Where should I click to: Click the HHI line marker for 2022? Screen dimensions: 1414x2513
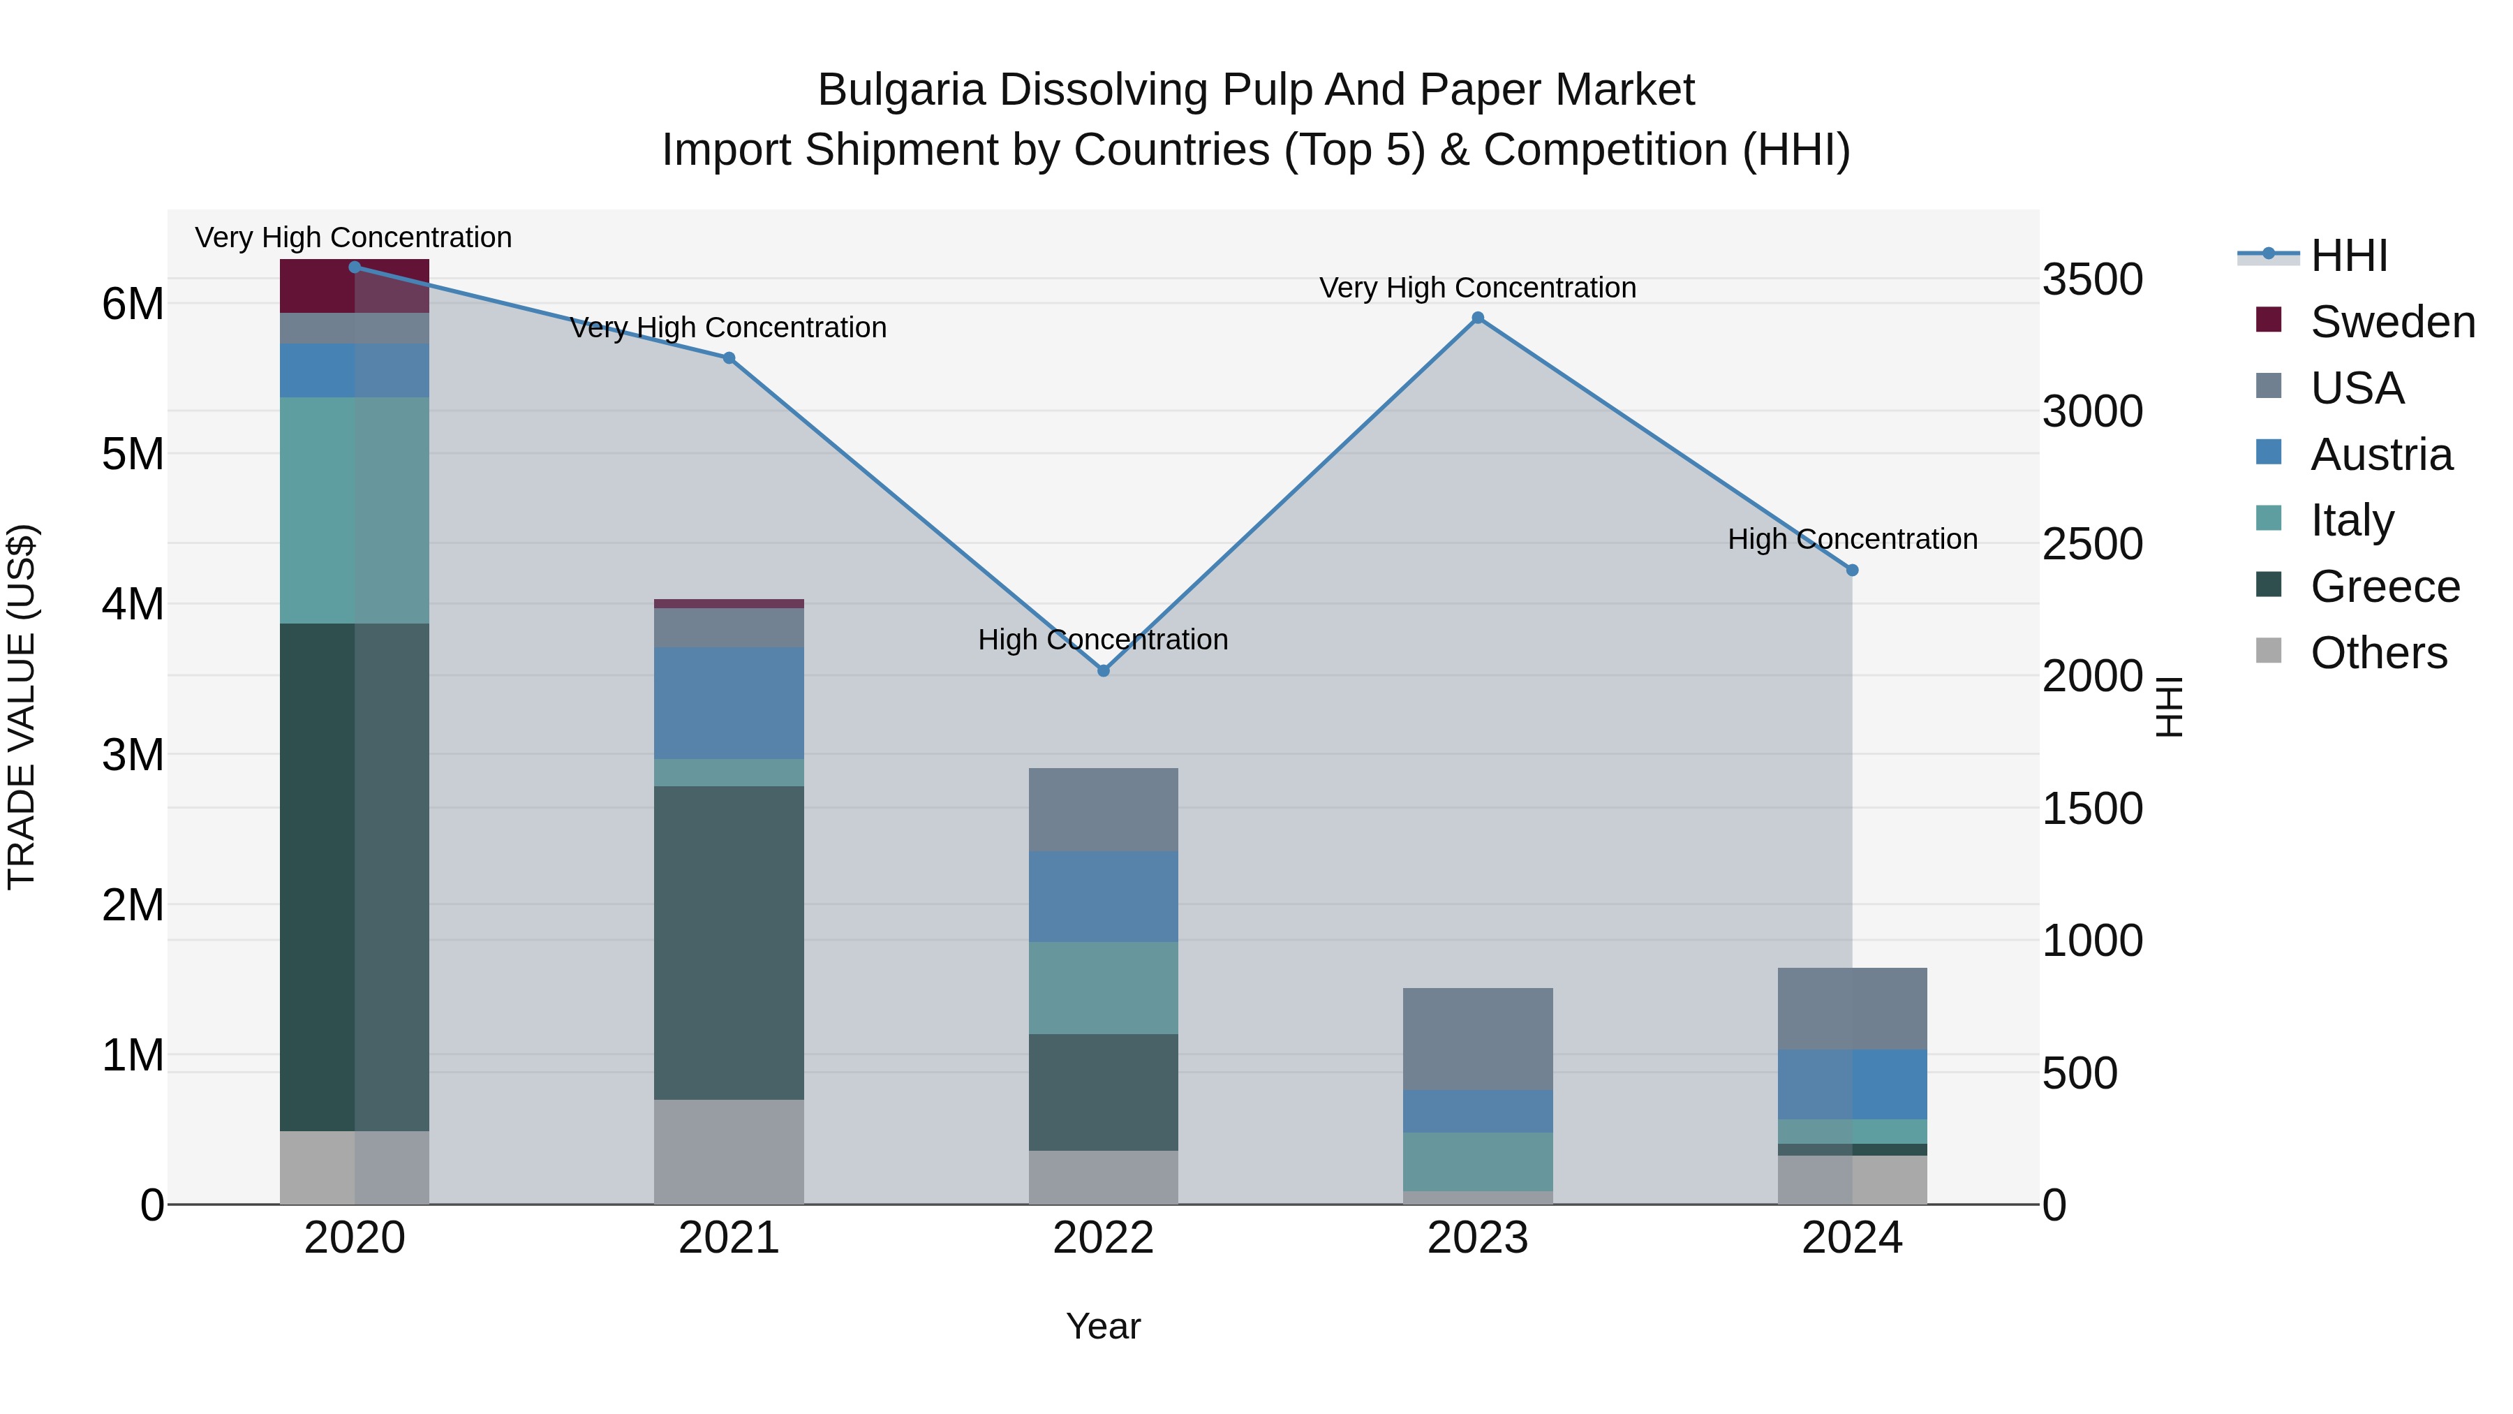click(1104, 670)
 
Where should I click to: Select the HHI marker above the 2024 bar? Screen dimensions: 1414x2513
click(1853, 570)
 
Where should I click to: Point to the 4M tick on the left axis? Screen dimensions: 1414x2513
click(133, 604)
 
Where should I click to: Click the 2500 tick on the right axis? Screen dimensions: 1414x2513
click(2093, 545)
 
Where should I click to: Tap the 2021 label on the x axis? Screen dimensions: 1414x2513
click(729, 1238)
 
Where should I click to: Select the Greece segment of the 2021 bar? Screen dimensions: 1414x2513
click(729, 942)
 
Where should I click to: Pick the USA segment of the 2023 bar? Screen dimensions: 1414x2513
click(1478, 1038)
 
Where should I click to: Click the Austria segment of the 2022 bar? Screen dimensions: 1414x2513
click(1104, 896)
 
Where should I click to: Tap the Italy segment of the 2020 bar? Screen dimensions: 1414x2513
click(354, 510)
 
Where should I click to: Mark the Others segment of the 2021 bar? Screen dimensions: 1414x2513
click(729, 1151)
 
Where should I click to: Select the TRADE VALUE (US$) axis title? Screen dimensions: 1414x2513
click(22, 707)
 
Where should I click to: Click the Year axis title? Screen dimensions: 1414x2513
click(1104, 1326)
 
